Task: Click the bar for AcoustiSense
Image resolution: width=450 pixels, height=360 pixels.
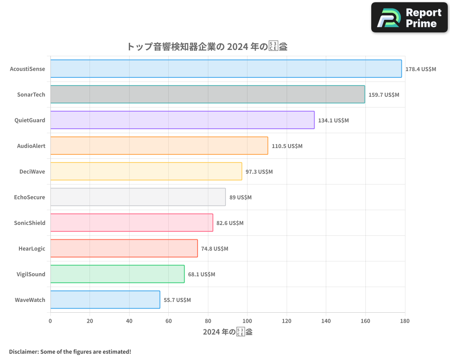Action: pyautogui.click(x=226, y=69)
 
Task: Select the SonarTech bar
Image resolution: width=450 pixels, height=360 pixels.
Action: pyautogui.click(x=207, y=94)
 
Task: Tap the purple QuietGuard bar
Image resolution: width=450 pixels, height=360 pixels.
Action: pyautogui.click(x=182, y=120)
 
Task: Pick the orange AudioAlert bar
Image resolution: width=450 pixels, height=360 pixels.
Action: pyautogui.click(x=159, y=146)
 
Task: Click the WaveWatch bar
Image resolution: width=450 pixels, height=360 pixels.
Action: pyautogui.click(x=105, y=300)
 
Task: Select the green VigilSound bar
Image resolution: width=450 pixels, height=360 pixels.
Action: pyautogui.click(x=117, y=274)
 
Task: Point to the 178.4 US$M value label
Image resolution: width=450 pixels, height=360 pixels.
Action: pyautogui.click(x=421, y=69)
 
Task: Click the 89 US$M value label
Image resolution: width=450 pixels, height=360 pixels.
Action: pyautogui.click(x=240, y=198)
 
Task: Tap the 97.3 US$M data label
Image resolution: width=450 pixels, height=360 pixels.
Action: pyautogui.click(x=259, y=172)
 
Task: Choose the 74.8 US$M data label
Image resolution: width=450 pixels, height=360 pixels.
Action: pyautogui.click(x=215, y=249)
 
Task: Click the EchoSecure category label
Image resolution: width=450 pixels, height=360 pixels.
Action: pyautogui.click(x=30, y=197)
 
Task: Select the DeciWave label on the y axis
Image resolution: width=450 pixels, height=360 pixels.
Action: pyautogui.click(x=32, y=171)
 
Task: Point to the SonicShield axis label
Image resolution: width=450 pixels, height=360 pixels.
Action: pyautogui.click(x=30, y=223)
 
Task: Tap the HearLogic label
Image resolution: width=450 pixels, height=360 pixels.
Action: pyautogui.click(x=32, y=248)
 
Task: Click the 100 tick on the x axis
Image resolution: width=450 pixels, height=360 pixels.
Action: pyautogui.click(x=247, y=321)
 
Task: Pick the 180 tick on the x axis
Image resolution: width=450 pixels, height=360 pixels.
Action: pyautogui.click(x=405, y=321)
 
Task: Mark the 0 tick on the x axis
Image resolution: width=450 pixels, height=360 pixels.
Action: pyautogui.click(x=50, y=321)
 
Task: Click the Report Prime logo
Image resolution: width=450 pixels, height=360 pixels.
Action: pyautogui.click(x=409, y=18)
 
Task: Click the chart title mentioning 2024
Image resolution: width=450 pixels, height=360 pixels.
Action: pyautogui.click(x=207, y=46)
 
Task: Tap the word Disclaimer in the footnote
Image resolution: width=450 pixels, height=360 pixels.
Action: pyautogui.click(x=23, y=351)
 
